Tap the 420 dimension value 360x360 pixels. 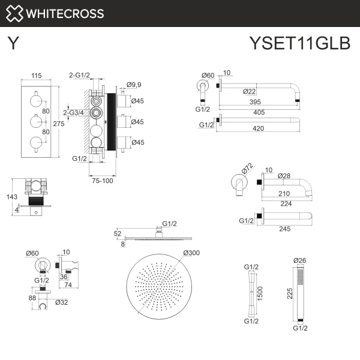coord(260,128)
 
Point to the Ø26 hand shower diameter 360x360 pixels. coord(299,260)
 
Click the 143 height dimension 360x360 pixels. coord(8,196)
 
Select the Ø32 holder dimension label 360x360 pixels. coord(61,302)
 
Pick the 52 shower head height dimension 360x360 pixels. coord(118,233)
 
